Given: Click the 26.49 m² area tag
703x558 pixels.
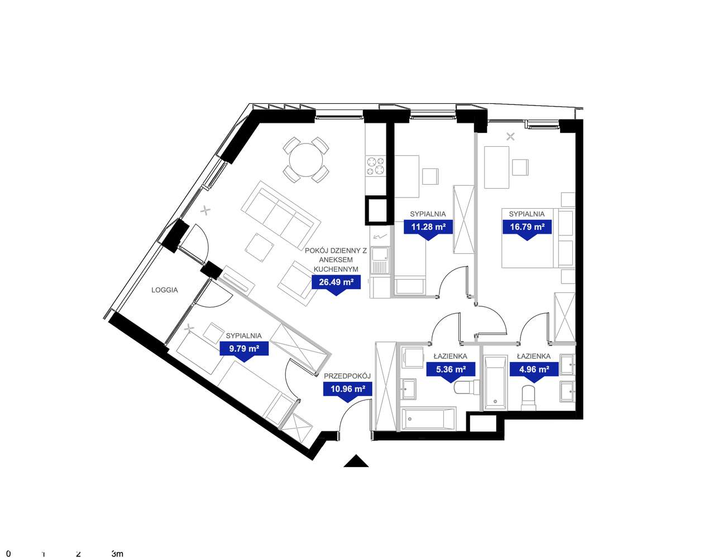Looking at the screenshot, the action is [336, 282].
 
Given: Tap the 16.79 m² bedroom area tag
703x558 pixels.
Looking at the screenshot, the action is [527, 227].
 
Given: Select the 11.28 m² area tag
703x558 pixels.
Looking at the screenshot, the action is [428, 227].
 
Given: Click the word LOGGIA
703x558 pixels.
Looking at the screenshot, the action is [165, 290].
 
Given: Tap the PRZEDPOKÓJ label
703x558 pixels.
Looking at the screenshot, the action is [347, 376].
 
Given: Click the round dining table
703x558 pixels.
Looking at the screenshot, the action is [306, 160].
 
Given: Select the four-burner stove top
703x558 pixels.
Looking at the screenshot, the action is [376, 166].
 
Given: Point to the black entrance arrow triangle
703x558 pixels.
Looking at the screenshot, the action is [356, 461].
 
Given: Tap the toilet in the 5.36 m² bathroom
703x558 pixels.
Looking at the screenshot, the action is [466, 388].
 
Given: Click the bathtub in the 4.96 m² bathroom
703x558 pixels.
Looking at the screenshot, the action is [496, 383].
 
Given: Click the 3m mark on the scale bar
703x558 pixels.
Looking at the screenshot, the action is [117, 545].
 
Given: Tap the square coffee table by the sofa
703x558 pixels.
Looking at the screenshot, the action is [260, 247].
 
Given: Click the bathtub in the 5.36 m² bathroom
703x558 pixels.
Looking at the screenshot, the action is [428, 419].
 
